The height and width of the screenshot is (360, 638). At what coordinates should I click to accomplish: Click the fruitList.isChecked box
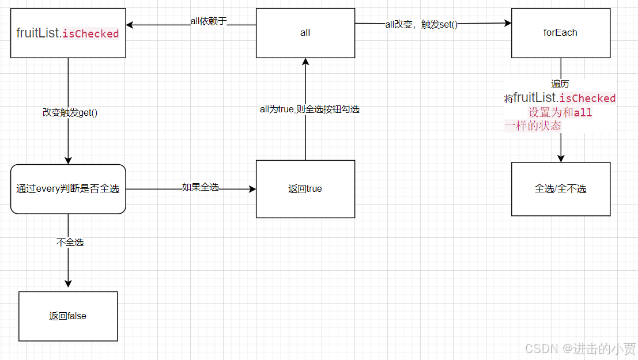[x=68, y=33]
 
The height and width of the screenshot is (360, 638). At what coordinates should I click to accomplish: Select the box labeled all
[x=305, y=33]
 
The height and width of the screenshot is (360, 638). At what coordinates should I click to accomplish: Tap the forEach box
[x=560, y=33]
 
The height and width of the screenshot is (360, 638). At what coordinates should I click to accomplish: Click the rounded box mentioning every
[x=68, y=189]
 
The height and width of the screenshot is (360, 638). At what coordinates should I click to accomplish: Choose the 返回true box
[x=305, y=189]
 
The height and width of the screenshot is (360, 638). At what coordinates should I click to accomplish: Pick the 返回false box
[x=68, y=316]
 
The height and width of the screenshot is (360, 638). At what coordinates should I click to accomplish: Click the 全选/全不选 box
[x=560, y=189]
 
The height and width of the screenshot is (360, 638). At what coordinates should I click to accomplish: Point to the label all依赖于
[x=209, y=21]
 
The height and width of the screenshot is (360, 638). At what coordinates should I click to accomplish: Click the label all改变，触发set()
[x=421, y=25]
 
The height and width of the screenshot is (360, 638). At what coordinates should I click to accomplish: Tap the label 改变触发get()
[x=70, y=112]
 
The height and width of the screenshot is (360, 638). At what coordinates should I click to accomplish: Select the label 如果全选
[x=200, y=187]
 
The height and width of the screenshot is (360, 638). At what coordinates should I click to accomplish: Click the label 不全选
[x=70, y=242]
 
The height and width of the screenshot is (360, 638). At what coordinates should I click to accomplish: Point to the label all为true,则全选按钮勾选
[x=309, y=109]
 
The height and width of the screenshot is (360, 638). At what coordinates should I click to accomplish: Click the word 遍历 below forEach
[x=560, y=84]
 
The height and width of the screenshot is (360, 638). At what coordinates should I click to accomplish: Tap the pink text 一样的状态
[x=533, y=126]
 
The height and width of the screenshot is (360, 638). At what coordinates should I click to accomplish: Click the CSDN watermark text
[x=580, y=348]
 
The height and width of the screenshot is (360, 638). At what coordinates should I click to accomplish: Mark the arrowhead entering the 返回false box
[x=68, y=284]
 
